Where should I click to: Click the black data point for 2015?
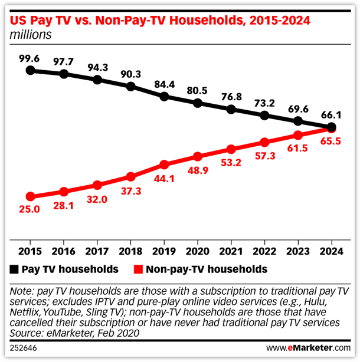(31, 70)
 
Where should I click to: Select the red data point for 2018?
(131, 176)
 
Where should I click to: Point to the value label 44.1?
(165, 177)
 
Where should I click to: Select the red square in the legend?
(138, 269)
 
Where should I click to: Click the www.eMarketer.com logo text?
(307, 348)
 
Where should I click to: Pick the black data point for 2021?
(231, 109)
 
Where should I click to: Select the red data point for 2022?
(265, 141)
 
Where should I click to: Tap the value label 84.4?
(165, 84)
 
